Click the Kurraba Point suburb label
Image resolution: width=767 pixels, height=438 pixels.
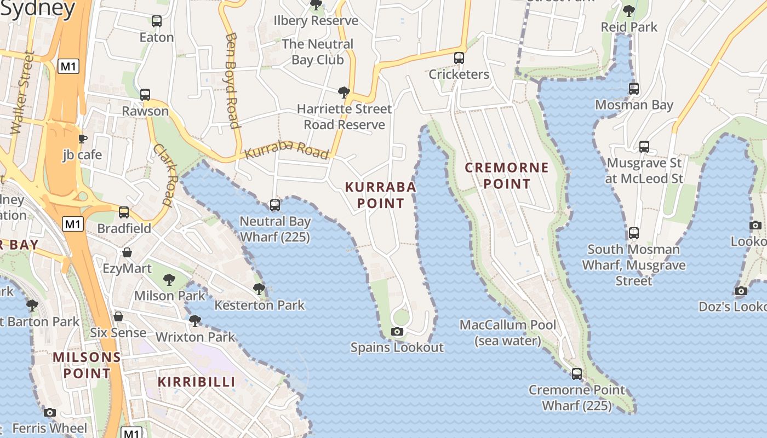[x=381, y=195]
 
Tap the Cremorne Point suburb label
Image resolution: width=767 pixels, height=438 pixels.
[x=507, y=175]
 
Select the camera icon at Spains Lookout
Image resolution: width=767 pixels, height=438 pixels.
[x=397, y=331]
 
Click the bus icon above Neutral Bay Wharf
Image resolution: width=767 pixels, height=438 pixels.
[x=275, y=205]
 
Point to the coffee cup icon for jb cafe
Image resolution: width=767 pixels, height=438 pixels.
[x=82, y=139]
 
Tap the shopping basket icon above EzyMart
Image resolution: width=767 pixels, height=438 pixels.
[x=127, y=252]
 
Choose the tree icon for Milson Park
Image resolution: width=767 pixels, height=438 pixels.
[x=169, y=280]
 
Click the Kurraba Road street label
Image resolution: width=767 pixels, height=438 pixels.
[x=287, y=149]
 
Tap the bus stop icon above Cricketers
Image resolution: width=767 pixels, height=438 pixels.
[x=459, y=58]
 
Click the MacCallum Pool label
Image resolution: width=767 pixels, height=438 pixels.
[x=508, y=332]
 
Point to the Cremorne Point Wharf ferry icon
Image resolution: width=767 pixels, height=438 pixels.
[x=576, y=374]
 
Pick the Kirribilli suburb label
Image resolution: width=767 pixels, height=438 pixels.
[x=197, y=382]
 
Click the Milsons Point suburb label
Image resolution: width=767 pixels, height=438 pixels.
[x=87, y=365]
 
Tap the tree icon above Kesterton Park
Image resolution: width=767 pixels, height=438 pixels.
[x=259, y=289]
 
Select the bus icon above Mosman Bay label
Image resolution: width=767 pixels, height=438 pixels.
[x=634, y=88]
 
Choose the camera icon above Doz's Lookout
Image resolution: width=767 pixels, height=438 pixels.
[x=741, y=291]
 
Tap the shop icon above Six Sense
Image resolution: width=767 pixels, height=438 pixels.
[x=118, y=316]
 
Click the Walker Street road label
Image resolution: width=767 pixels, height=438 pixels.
[x=23, y=93]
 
